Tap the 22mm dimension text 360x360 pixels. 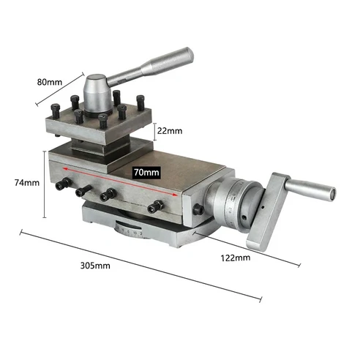170,131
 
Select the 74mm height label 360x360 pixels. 26,183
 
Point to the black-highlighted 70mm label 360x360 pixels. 146,173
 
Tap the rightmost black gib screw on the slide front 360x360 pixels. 154,209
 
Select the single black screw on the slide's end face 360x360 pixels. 198,210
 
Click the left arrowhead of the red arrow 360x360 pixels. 64,168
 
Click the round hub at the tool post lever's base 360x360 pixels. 97,93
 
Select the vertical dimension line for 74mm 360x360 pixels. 45,183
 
